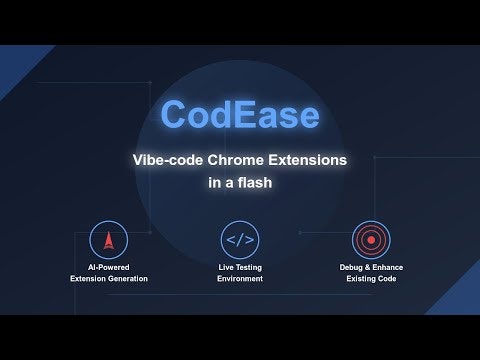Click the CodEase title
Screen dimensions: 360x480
[x=240, y=114]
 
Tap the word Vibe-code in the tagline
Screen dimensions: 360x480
[x=171, y=160]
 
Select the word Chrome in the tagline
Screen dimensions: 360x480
[x=240, y=160]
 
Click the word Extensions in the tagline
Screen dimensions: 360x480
[x=310, y=160]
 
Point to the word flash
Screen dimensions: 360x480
[x=255, y=185]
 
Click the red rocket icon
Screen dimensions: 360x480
[x=109, y=240]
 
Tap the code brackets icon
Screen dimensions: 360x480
[x=240, y=240]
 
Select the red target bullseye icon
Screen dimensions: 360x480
[x=371, y=240]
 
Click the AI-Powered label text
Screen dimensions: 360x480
[x=109, y=267]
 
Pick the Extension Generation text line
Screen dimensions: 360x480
[x=109, y=279]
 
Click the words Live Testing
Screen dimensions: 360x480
[x=240, y=267]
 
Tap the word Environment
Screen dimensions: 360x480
[x=240, y=279]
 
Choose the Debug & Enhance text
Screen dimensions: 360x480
[x=371, y=267]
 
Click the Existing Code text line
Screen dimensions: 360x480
[x=371, y=279]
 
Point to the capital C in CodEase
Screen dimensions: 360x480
[x=176, y=114]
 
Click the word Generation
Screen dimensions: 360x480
[x=127, y=279]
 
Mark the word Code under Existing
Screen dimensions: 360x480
[x=386, y=279]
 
